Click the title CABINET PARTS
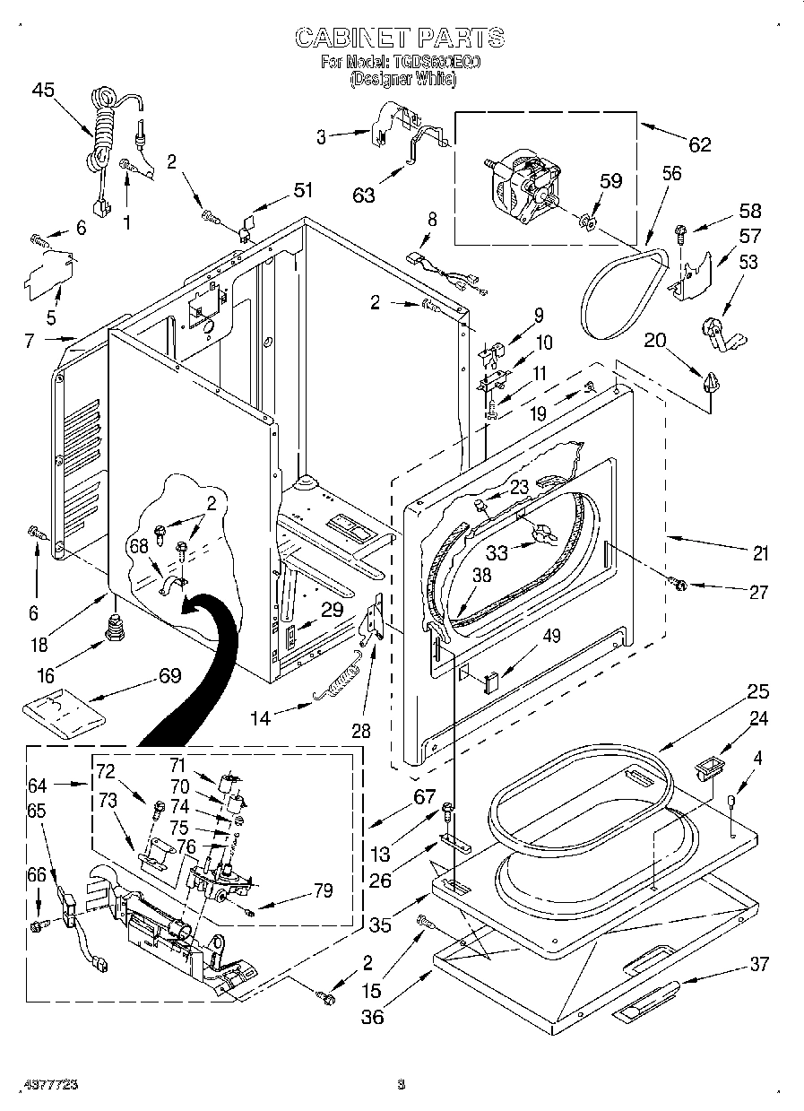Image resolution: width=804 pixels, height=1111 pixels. tap(400, 38)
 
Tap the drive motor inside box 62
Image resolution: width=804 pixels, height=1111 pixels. tap(525, 190)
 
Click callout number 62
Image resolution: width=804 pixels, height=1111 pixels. tap(699, 143)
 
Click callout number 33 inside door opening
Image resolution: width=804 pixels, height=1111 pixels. tap(497, 553)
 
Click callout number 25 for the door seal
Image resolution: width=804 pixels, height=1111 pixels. tap(758, 691)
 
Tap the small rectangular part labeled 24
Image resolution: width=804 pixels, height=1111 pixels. tap(708, 768)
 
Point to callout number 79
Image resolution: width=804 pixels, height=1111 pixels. tap(321, 890)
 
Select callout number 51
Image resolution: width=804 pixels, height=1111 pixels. tap(304, 189)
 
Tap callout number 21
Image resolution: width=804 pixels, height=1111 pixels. tap(760, 553)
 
